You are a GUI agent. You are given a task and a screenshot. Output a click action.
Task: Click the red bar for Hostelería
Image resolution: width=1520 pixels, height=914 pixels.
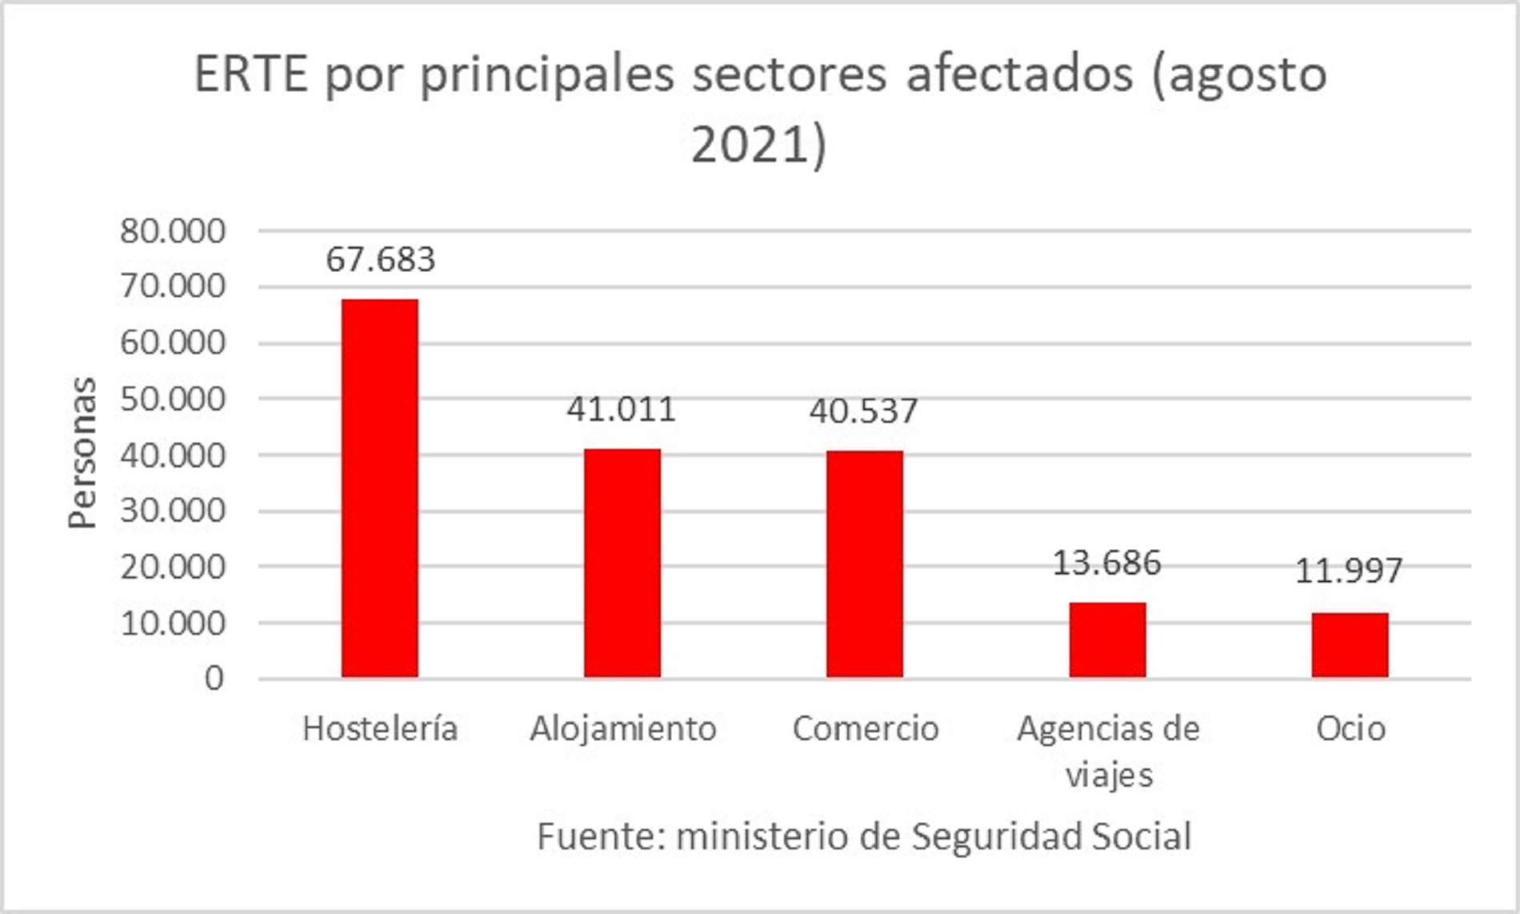pos(380,488)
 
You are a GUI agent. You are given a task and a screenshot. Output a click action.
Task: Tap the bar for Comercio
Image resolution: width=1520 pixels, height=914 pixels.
pos(865,564)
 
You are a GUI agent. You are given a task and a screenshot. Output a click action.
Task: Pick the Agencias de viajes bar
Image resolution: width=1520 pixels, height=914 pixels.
pos(1108,639)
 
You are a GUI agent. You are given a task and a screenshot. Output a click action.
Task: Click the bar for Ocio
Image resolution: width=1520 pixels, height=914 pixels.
pos(1350,645)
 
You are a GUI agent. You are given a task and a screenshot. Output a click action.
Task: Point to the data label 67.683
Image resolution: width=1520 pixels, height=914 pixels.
pos(380,260)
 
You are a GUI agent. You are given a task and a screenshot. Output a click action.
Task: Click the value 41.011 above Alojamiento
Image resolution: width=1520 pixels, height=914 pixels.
pos(622,410)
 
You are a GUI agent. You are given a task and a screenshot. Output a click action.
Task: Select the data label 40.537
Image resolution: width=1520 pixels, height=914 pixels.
pos(863,411)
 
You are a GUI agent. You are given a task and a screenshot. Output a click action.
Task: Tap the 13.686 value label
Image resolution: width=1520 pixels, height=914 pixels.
pos(1106,563)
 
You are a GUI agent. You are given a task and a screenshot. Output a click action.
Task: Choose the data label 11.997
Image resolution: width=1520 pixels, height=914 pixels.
pos(1349,571)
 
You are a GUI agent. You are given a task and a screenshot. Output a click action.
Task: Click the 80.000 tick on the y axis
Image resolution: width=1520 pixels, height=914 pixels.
pos(173,231)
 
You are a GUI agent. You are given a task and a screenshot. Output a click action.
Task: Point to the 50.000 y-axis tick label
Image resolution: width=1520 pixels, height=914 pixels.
pos(173,399)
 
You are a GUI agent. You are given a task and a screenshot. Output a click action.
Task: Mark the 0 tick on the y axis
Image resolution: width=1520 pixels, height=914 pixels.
pos(214,679)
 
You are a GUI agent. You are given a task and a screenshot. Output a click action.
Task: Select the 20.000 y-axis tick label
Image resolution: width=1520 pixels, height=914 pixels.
pos(173,567)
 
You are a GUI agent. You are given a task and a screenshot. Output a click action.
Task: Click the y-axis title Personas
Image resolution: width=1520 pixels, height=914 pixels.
pos(82,453)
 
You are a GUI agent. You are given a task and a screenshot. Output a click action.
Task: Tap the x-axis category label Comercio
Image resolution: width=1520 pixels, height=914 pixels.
pos(866,729)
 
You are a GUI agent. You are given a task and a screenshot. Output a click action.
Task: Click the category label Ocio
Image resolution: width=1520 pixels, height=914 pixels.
pos(1350,729)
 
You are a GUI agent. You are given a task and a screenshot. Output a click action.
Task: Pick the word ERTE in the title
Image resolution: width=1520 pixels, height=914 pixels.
pos(251,75)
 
